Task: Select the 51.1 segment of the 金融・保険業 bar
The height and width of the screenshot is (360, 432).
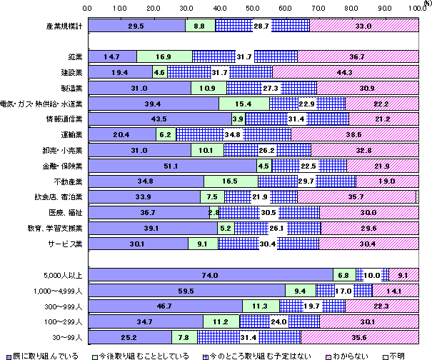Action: [x=171, y=165]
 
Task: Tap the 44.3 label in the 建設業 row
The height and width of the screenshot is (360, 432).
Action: [x=344, y=72]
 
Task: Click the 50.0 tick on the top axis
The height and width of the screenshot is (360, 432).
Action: [x=253, y=6]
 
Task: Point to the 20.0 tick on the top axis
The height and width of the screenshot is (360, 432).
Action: [x=154, y=6]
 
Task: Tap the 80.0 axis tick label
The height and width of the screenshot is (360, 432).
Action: [x=352, y=6]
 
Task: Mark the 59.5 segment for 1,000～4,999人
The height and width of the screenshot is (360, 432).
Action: [x=189, y=290]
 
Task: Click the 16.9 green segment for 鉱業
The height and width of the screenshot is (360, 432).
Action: [x=164, y=56]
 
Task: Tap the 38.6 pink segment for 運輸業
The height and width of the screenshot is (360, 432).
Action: [x=355, y=134]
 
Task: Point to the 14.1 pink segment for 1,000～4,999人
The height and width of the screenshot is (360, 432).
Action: [x=395, y=290]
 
